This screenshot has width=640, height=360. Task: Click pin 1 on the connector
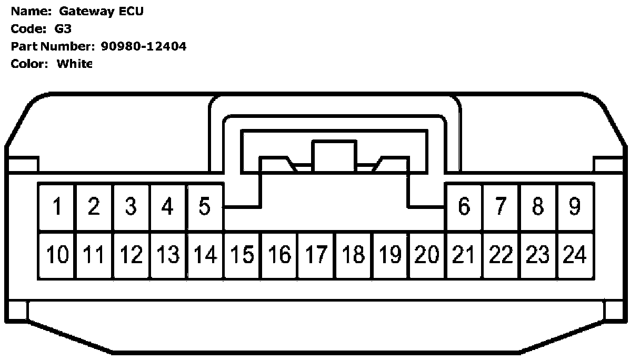(56, 206)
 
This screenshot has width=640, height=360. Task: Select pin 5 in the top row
(205, 206)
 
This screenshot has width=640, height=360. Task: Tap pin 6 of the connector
(464, 206)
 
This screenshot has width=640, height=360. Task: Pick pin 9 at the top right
(575, 206)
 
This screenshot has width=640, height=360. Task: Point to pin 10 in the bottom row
(57, 255)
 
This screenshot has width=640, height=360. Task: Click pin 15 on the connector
(242, 255)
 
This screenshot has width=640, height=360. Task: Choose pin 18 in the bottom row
(354, 255)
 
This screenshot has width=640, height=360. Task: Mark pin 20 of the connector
(427, 255)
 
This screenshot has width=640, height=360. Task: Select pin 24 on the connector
(575, 255)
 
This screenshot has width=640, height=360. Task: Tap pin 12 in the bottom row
(131, 255)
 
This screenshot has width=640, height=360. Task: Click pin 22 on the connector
(501, 255)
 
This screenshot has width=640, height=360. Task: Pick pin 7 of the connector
(501, 206)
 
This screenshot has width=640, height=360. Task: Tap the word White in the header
(74, 64)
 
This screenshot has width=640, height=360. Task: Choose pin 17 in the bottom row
(316, 255)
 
